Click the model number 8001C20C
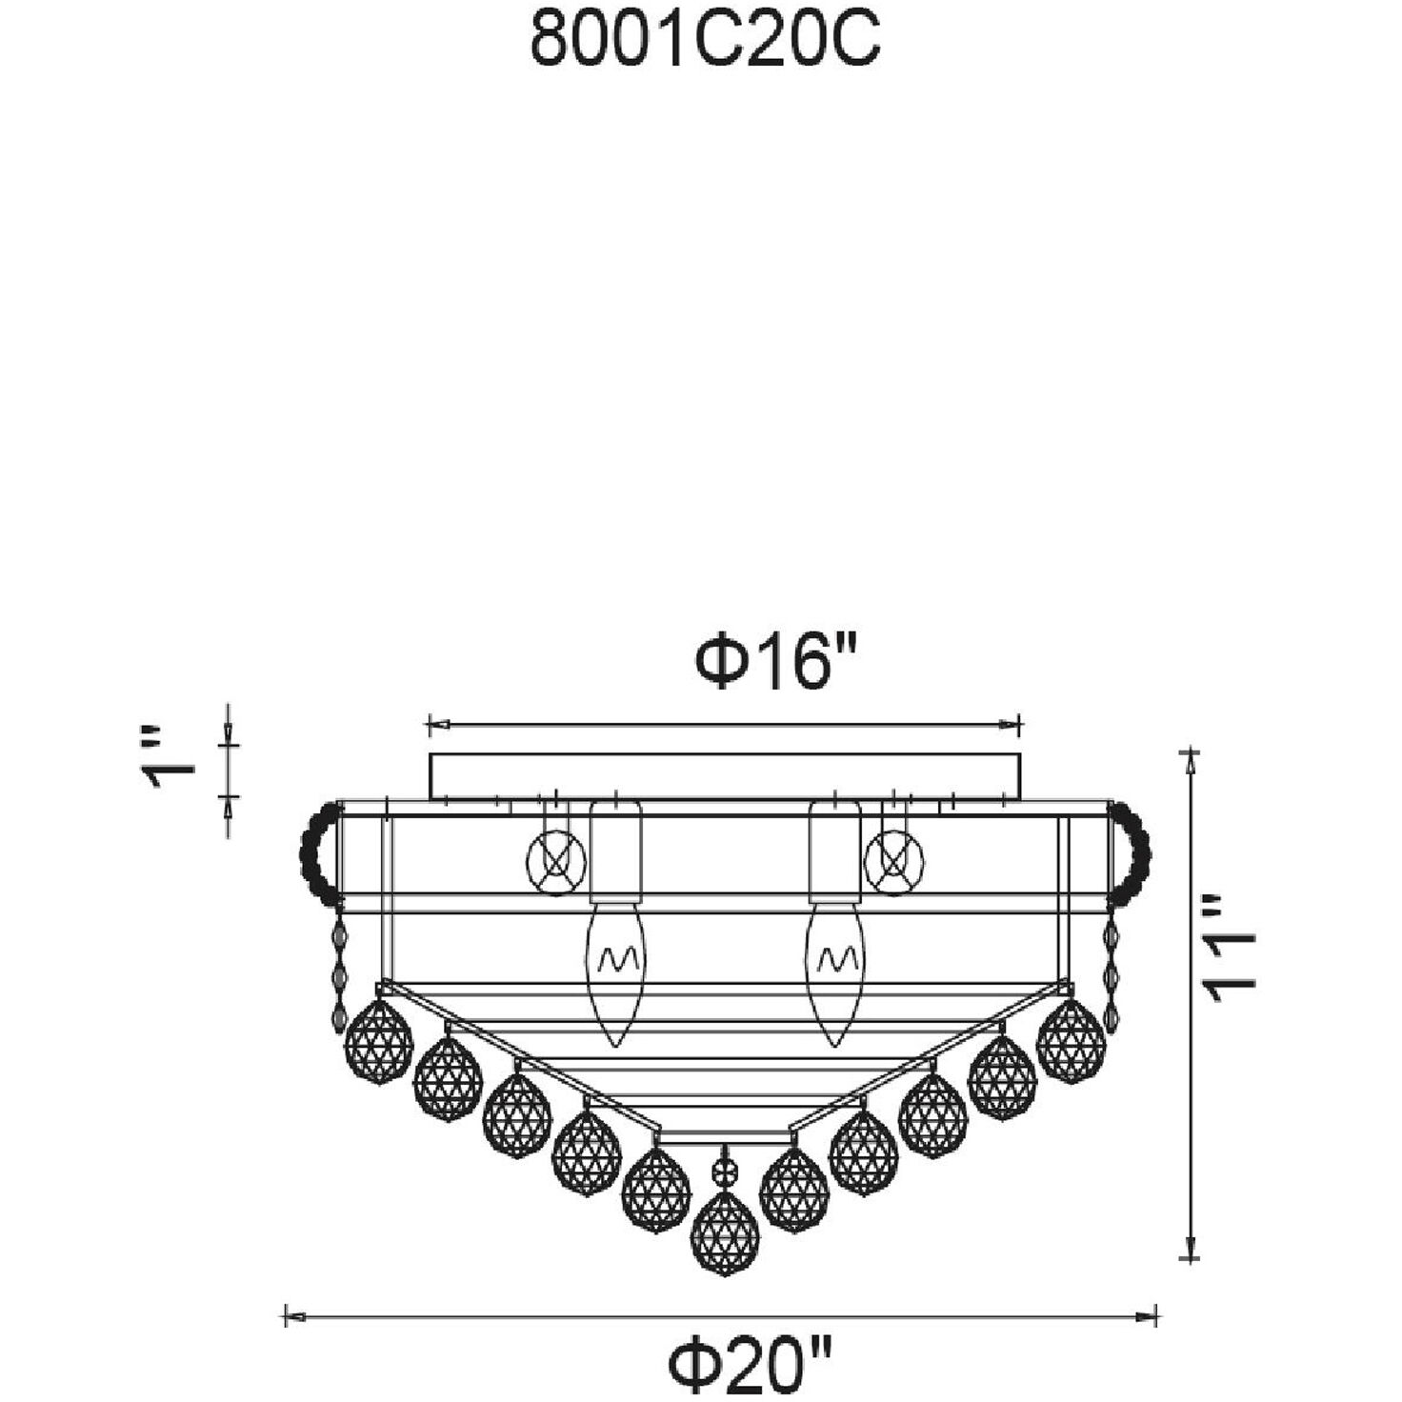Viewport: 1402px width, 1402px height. click(705, 40)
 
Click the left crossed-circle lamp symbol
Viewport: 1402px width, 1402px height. click(556, 863)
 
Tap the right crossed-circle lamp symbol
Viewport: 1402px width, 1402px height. click(893, 863)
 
